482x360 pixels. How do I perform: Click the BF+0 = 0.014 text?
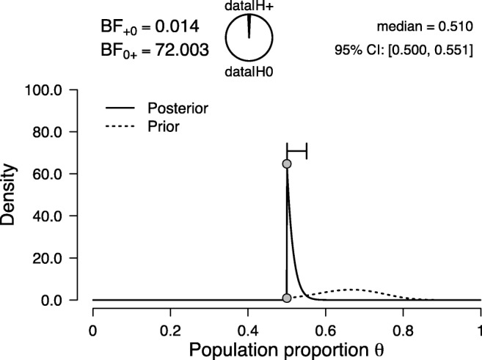click(150, 28)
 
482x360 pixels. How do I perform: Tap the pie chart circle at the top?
click(250, 37)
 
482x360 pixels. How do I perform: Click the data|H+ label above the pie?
click(250, 7)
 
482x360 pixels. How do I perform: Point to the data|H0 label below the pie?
click(250, 71)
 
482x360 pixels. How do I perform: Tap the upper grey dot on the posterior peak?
click(287, 164)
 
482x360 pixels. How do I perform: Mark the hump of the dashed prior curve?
click(352, 290)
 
